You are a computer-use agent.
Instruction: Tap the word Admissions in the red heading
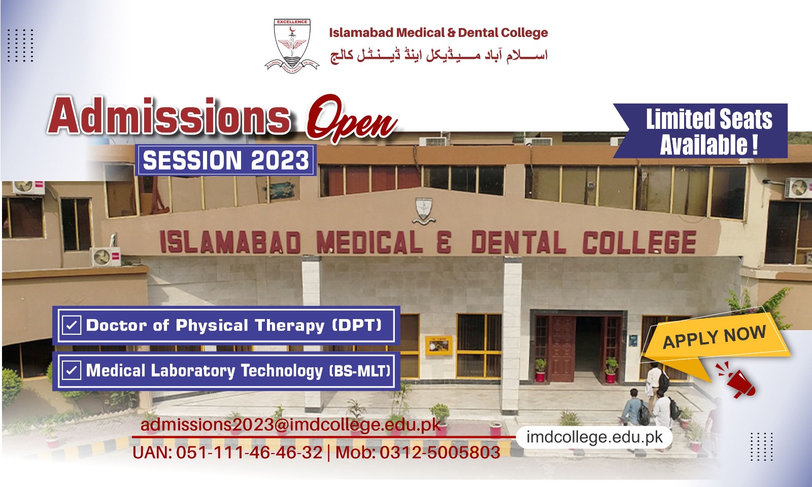(x=170, y=118)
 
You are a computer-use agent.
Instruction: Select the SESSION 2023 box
(x=226, y=160)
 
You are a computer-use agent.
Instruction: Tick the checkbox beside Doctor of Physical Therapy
(x=72, y=325)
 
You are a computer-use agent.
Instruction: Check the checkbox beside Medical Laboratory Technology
(x=72, y=370)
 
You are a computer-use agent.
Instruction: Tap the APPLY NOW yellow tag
(x=714, y=337)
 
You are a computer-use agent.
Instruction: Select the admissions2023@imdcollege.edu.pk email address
(x=290, y=425)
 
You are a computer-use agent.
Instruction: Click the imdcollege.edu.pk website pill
(x=594, y=437)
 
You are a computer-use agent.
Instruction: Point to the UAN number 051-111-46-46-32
(x=249, y=452)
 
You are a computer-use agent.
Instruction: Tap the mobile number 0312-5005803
(x=439, y=452)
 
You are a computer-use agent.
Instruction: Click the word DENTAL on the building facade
(x=518, y=242)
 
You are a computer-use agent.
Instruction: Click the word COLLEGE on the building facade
(x=638, y=242)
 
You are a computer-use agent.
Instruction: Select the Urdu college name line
(x=439, y=55)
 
